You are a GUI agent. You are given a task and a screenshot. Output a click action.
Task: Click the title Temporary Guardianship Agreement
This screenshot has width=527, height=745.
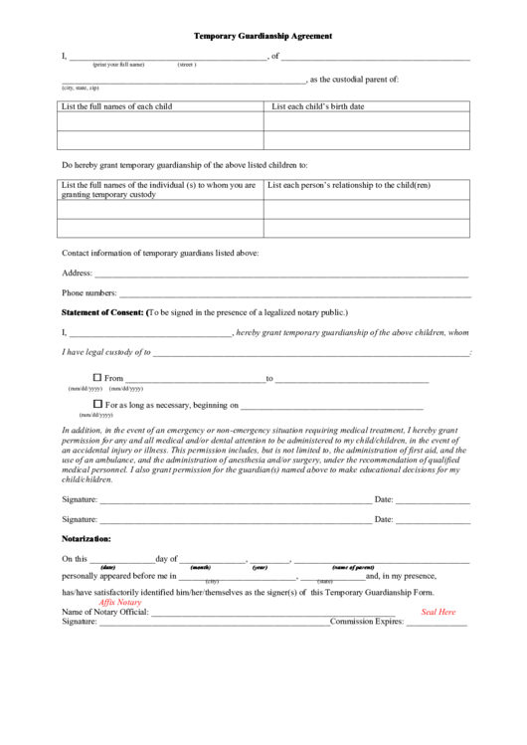[263, 36]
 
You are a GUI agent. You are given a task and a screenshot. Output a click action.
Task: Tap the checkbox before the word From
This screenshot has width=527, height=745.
[97, 377]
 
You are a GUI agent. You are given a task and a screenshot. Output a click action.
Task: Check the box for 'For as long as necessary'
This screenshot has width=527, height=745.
[97, 404]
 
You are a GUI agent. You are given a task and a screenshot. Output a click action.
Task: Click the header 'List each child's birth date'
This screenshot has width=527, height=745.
[317, 106]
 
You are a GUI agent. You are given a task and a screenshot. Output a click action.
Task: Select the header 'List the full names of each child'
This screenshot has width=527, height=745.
[116, 106]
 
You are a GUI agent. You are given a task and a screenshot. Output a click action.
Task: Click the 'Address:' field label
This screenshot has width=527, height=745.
[77, 273]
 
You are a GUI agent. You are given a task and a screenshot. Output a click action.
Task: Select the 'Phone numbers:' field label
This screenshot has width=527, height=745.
[88, 293]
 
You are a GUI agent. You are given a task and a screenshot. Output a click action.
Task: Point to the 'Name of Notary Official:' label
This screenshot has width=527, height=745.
[104, 612]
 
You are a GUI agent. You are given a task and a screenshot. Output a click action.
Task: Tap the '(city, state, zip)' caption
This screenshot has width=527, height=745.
[81, 88]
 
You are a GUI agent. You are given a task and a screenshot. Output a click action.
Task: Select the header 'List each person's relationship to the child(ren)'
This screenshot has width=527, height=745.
[350, 185]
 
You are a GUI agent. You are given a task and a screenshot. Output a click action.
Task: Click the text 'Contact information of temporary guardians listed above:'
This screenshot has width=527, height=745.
[160, 253]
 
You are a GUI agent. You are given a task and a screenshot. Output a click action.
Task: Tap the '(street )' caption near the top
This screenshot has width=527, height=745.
[187, 64]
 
